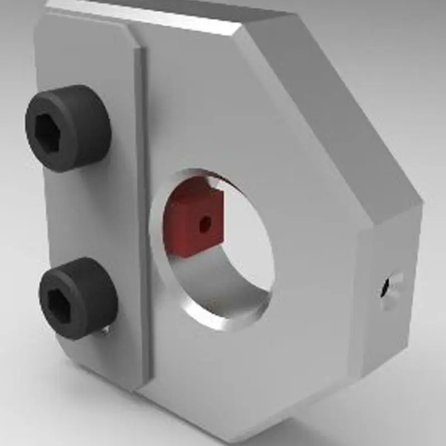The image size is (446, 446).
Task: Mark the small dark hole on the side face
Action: (x=385, y=288)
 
